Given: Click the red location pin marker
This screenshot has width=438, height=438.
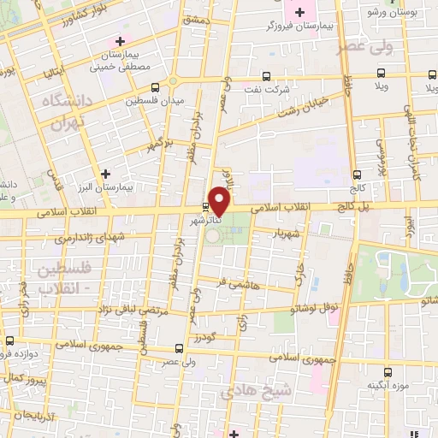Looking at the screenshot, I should tap(220, 201).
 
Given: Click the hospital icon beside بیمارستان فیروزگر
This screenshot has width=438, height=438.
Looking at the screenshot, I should tap(299, 11).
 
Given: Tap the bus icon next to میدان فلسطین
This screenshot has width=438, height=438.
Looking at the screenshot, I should tap(155, 86).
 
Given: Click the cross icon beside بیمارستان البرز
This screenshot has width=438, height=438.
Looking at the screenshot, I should tap(105, 174).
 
